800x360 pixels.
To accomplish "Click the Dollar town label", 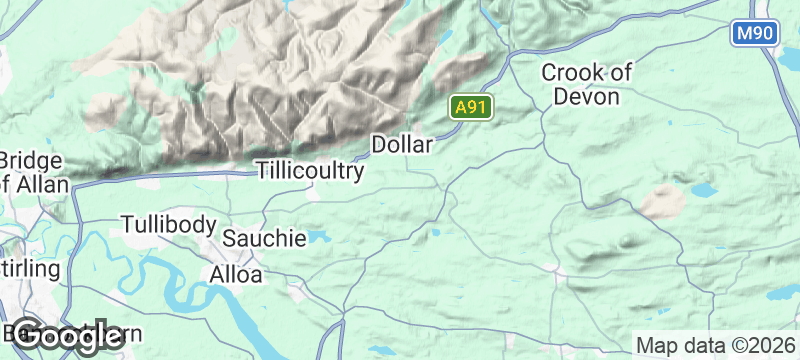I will [402, 145].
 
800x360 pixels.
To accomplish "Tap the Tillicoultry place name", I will [310, 171].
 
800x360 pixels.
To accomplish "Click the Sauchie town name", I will [264, 239].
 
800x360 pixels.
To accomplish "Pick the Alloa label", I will [237, 273].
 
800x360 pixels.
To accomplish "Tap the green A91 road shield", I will [468, 107].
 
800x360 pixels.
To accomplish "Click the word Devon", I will [587, 97].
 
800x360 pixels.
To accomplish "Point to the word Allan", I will [44, 184].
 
